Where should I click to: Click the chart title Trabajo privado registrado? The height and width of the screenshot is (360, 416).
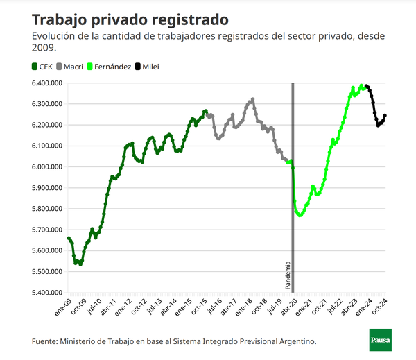pos(130,18)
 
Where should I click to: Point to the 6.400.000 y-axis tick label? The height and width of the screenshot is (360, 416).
pos(46,83)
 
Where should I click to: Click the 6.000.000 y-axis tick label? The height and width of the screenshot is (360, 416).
pos(46,167)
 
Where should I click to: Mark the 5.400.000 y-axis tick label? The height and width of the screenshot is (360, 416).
pos(46,293)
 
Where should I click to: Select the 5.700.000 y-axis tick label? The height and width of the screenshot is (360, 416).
pos(46,230)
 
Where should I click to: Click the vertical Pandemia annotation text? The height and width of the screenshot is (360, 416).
pos(288,275)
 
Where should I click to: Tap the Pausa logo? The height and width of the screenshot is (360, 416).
pos(379,340)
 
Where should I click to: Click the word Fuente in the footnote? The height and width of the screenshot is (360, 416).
pos(44,341)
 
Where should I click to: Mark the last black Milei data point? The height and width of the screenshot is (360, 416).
pos(385,116)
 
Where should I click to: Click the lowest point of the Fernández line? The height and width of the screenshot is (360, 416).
pos(300,216)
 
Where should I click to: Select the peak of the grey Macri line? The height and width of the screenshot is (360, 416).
pos(252,99)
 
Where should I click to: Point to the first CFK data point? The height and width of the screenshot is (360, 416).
pos(68,238)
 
